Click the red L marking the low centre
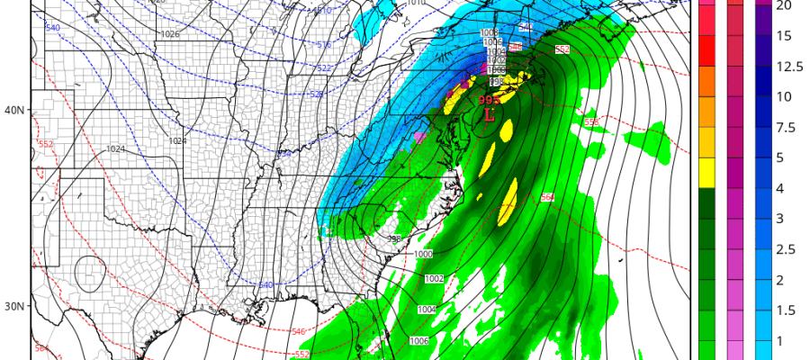click(x=490, y=115)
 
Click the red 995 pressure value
click(x=489, y=101)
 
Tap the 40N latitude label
click(x=14, y=110)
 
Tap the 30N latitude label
click(x=14, y=306)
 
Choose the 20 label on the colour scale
click(x=784, y=5)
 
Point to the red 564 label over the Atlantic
click(x=547, y=197)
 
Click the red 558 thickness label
click(x=591, y=122)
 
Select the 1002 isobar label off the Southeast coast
click(x=434, y=279)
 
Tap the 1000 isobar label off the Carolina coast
click(x=424, y=255)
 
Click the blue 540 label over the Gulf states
click(x=265, y=285)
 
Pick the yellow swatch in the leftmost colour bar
click(x=706, y=166)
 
